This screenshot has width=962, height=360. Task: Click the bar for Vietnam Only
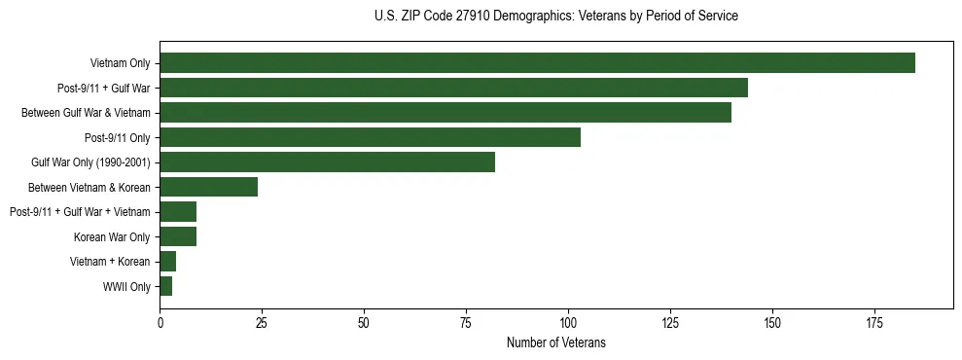point(537,63)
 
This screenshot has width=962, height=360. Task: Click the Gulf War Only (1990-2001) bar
point(327,162)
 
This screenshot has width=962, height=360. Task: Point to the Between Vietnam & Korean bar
point(208,187)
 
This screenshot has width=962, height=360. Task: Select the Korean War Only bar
point(178,236)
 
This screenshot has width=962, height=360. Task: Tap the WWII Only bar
point(165,286)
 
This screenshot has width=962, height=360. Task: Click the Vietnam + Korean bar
point(167,262)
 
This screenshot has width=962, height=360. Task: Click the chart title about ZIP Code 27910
point(555,17)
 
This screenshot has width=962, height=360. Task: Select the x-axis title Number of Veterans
point(555,342)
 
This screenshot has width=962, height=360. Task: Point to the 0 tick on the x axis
point(160,322)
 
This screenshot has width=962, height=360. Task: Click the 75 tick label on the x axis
point(466,322)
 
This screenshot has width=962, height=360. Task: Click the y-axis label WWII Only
point(126,287)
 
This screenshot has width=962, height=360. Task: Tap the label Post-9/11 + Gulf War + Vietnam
point(80,212)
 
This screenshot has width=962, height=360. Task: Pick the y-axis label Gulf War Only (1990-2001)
point(90,162)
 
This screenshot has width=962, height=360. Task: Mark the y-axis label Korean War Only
point(112,237)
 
